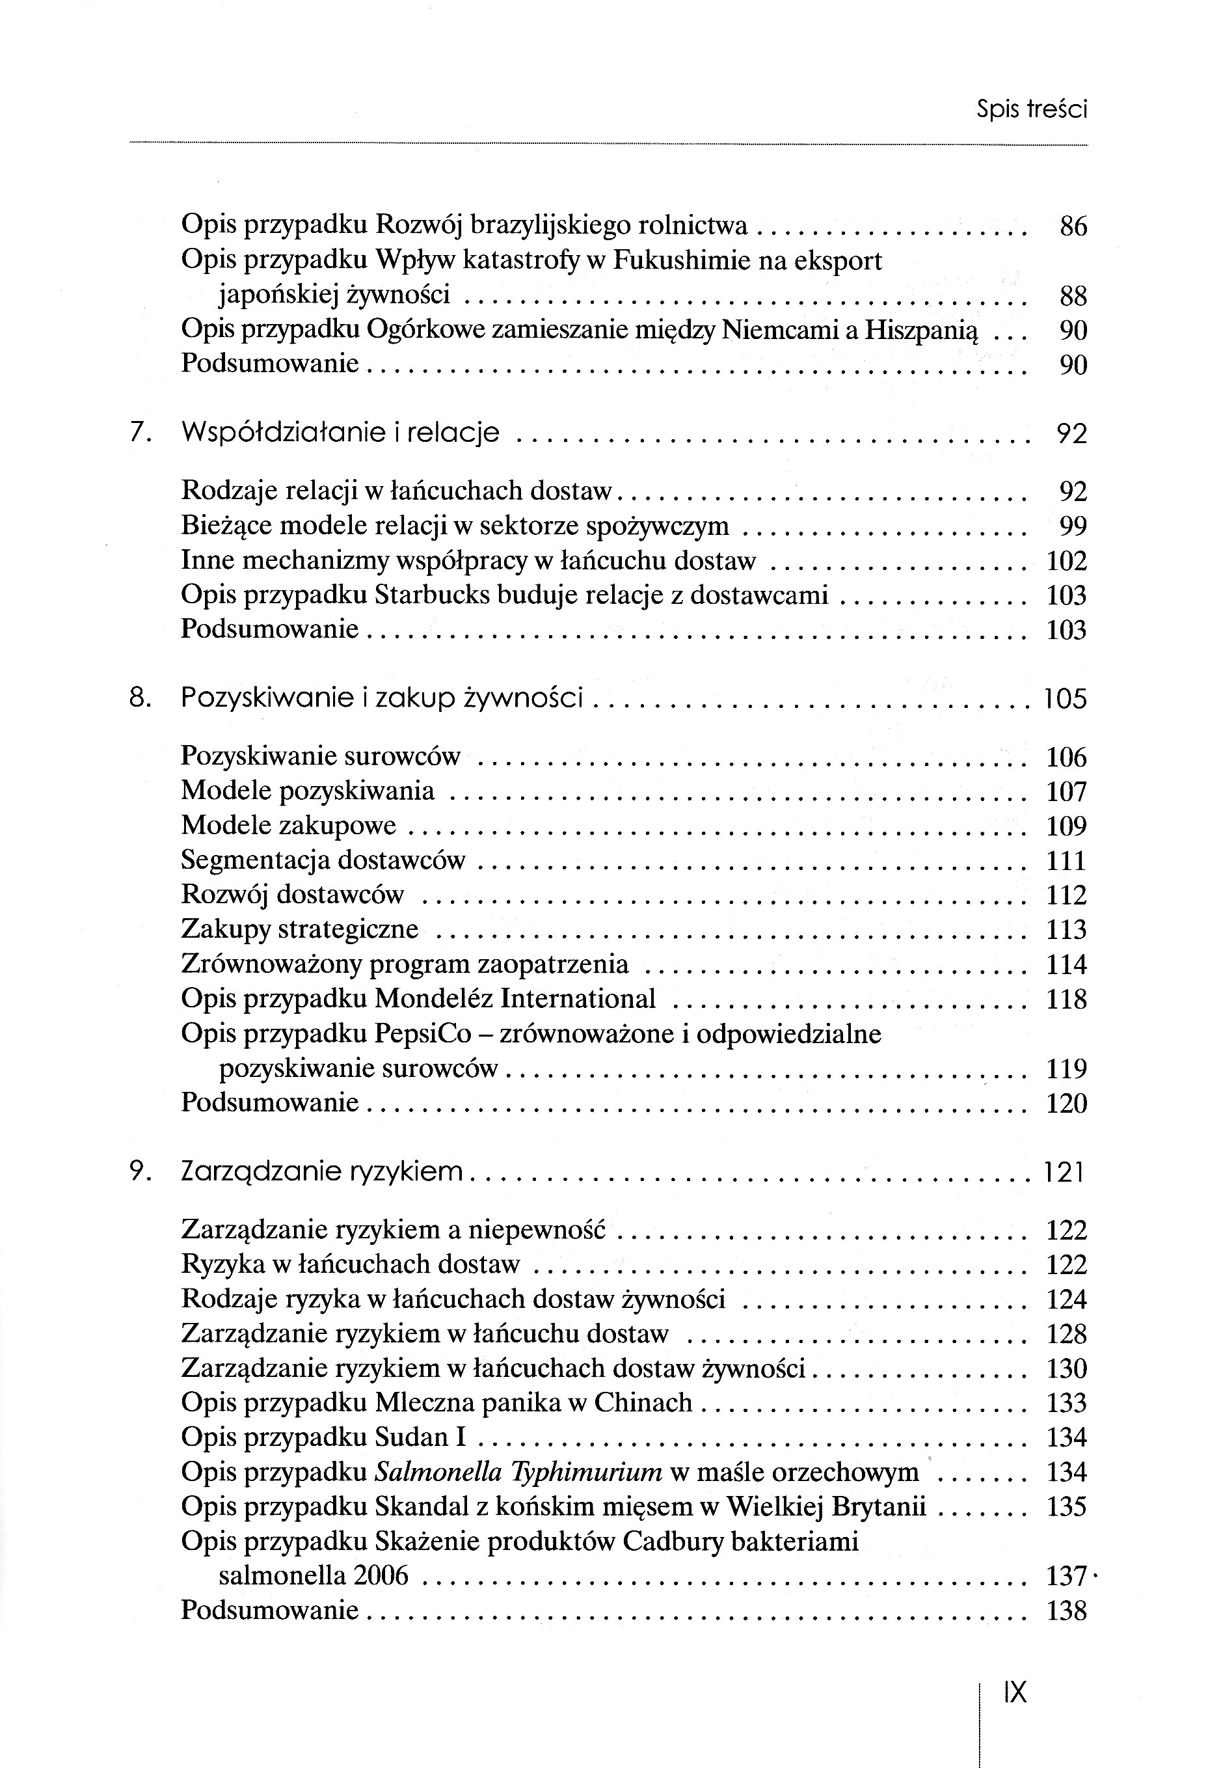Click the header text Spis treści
[1032, 111]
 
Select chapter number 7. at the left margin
[142, 433]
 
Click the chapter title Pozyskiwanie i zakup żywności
[382, 698]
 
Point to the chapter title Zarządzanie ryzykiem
[322, 1171]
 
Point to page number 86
[1073, 226]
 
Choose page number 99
[1073, 526]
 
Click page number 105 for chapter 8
[1065, 698]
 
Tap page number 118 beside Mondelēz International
[1066, 999]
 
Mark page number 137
[1066, 1575]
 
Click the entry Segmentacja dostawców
[323, 860]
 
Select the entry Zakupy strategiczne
[300, 930]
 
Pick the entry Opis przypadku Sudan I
[323, 1437]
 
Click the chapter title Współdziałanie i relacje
[340, 433]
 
